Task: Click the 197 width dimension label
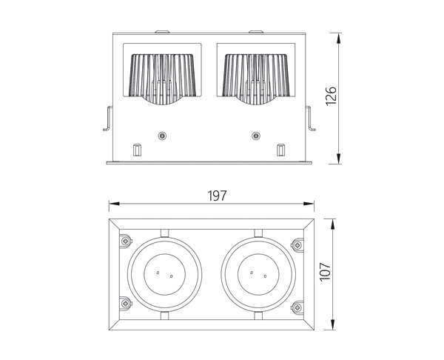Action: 217,196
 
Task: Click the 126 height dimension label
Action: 331,96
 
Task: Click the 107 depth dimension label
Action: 325,272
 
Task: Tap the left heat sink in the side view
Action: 162,79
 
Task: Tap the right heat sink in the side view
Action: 256,79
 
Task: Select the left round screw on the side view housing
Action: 162,136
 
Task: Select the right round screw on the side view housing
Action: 256,136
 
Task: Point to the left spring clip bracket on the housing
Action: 108,119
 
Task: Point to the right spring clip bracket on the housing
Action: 310,119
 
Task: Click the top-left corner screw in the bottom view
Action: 126,241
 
